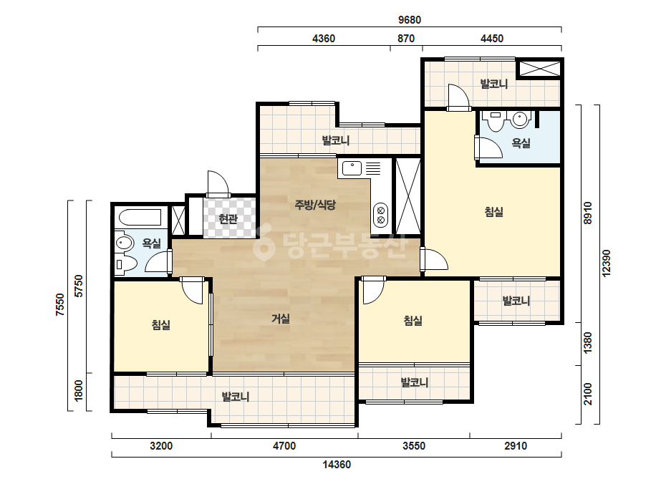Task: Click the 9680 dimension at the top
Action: pyautogui.click(x=410, y=20)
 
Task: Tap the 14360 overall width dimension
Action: pyautogui.click(x=337, y=465)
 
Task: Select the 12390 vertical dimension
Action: pyautogui.click(x=606, y=263)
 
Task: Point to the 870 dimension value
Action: pyautogui.click(x=406, y=39)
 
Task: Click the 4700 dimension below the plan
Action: pyautogui.click(x=284, y=445)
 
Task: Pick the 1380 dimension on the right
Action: pyautogui.click(x=588, y=343)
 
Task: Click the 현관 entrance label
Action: pyautogui.click(x=228, y=219)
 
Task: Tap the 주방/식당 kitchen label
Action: pyautogui.click(x=315, y=205)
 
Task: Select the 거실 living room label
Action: pyautogui.click(x=280, y=319)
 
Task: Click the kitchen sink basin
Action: pyautogui.click(x=352, y=169)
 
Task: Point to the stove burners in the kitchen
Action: pyautogui.click(x=381, y=214)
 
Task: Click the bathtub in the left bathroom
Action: pyautogui.click(x=140, y=218)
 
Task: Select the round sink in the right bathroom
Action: pyautogui.click(x=521, y=120)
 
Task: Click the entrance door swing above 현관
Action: pyautogui.click(x=218, y=184)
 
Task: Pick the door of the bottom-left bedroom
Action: pyautogui.click(x=193, y=291)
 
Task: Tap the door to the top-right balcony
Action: pyautogui.click(x=458, y=97)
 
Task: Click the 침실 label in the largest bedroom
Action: pyautogui.click(x=493, y=212)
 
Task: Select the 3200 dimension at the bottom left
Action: pyautogui.click(x=161, y=445)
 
